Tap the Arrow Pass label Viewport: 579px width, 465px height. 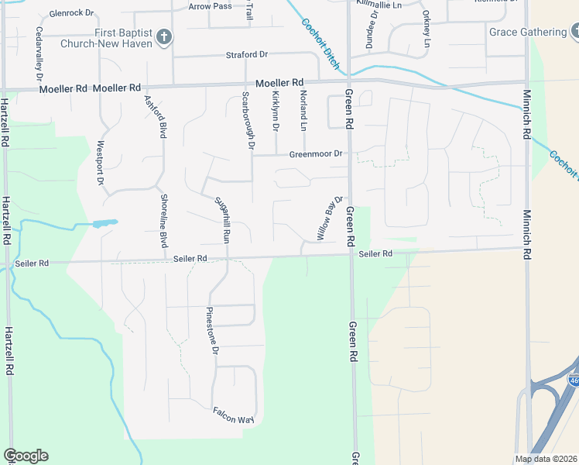tap(210, 6)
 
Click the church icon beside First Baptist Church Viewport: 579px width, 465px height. tap(163, 36)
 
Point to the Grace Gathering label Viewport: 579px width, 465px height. tap(528, 32)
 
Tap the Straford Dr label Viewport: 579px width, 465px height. tap(246, 55)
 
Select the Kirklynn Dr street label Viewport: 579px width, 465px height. tap(276, 111)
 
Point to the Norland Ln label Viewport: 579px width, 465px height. tap(303, 111)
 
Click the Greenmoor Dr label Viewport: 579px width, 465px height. tap(315, 153)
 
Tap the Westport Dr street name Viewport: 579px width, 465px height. tap(100, 162)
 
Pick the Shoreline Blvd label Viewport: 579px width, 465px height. tap(164, 221)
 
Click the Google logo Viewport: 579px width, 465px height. tap(26, 456)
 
